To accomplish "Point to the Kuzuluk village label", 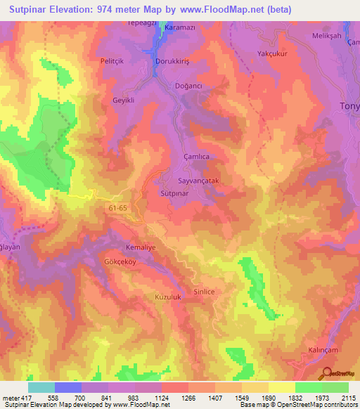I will tap(168, 297).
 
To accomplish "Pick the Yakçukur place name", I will tap(273, 53).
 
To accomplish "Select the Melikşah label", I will tap(326, 34).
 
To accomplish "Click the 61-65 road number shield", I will tap(121, 209).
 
